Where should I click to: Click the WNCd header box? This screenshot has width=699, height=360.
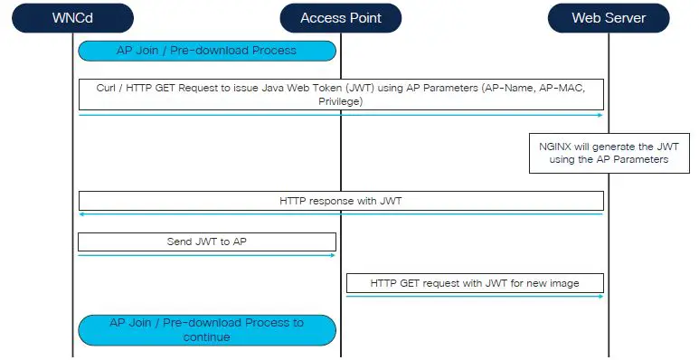coord(73,17)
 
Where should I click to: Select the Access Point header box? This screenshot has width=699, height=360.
coord(341,17)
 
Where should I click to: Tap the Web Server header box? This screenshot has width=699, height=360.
coord(609,17)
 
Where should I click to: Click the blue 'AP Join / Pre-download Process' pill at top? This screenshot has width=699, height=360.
coord(207,51)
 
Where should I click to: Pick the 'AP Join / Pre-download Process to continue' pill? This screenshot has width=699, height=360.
coord(207,329)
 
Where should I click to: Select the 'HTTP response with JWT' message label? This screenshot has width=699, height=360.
coord(341,201)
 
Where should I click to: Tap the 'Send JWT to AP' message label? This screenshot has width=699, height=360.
coord(207,242)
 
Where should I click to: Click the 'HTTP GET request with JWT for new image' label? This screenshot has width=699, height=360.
coord(475,283)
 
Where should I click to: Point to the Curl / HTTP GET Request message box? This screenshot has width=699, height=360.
coord(341,95)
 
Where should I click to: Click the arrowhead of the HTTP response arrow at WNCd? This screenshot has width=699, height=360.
coord(82,214)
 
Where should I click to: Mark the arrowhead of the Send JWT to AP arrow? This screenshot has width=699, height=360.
coord(332,255)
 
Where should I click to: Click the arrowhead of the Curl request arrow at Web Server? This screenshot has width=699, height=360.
coord(600,115)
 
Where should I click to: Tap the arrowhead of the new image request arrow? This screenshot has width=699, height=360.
coord(600,296)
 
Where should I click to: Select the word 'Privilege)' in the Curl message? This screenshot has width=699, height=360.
coord(341,102)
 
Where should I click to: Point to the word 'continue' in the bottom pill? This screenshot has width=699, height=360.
coord(207,337)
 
